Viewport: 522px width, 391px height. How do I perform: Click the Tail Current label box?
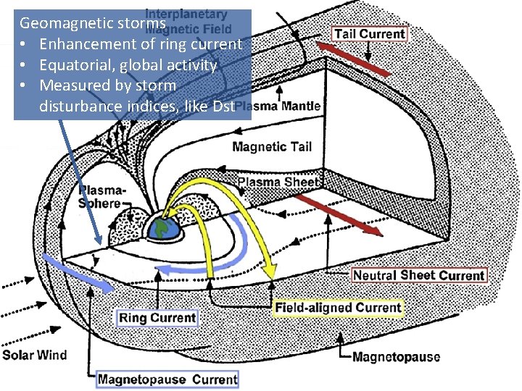[x=369, y=33]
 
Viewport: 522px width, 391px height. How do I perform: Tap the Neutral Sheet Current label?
[x=418, y=275]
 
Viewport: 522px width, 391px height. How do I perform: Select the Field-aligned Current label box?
[x=337, y=308]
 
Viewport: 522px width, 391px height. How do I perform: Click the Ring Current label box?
[x=157, y=317]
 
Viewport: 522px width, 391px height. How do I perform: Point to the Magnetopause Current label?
[x=167, y=379]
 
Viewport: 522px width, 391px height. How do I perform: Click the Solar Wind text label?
[x=34, y=355]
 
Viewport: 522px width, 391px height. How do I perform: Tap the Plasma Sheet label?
[x=278, y=182]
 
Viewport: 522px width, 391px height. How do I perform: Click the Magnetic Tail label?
[x=272, y=147]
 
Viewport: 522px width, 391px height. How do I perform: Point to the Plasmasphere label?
[x=101, y=196]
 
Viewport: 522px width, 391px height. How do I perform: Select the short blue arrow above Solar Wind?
[x=77, y=273]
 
